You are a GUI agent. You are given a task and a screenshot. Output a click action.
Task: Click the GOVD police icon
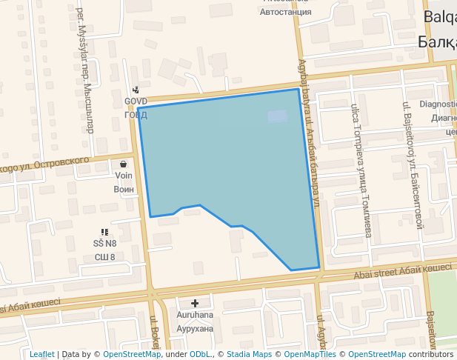[x=136, y=90]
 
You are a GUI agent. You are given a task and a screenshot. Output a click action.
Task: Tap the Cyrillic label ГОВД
[x=136, y=114]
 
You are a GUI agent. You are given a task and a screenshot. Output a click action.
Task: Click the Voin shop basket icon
[x=123, y=164]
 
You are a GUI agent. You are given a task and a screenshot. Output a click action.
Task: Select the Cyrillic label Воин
[x=124, y=189]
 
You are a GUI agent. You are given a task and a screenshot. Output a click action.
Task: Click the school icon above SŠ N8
[x=104, y=232]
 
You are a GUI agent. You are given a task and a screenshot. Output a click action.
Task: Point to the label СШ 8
[x=104, y=257]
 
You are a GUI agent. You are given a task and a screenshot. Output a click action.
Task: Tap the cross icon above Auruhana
[x=195, y=303]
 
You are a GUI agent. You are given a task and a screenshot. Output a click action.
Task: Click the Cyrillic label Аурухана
[x=195, y=327]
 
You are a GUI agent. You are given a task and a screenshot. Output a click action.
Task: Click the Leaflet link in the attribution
[x=41, y=354]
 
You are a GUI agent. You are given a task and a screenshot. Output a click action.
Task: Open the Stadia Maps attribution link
[x=249, y=354]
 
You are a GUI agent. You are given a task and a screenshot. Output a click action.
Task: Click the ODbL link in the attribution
[x=200, y=354]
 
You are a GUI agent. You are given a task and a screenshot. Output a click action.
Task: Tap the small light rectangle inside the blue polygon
[x=277, y=116]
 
